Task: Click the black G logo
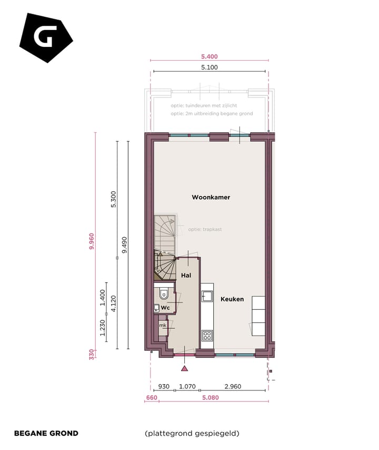pos(45,37)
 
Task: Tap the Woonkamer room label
pos(211,198)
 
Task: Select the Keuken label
pos(232,299)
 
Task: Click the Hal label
pos(186,276)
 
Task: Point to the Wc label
pos(165,307)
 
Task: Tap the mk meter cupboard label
pos(163,326)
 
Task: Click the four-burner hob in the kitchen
pos(207,335)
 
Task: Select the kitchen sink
pos(207,297)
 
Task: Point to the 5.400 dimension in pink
pos(210,57)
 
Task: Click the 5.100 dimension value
pos(210,67)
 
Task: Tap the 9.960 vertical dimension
pos(92,241)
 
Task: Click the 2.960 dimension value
pos(232,386)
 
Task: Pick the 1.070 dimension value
pos(187,386)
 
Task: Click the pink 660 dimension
pos(151,397)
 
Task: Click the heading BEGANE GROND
pos(46,434)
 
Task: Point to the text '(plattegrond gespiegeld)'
pos(192,434)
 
